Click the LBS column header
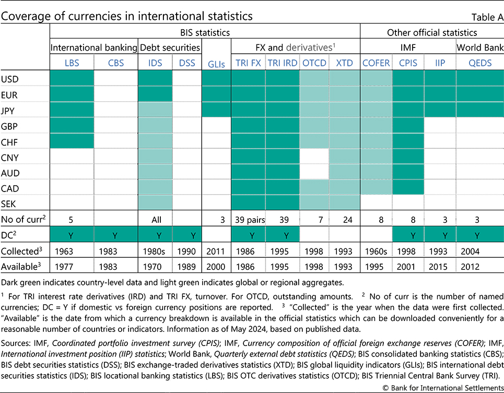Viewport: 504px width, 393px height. pos(72,63)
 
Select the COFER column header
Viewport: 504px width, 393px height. pos(376,63)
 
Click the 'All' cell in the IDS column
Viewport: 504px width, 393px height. pos(155,220)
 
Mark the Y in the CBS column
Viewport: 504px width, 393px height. pos(116,235)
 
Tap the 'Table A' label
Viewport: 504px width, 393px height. pos(487,17)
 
